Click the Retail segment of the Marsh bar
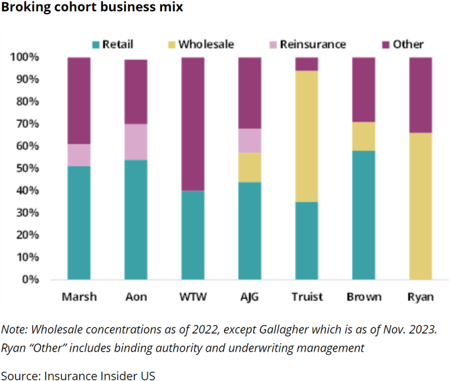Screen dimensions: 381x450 79,223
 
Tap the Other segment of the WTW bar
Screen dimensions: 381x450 192,124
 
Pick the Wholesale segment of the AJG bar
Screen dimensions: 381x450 249,167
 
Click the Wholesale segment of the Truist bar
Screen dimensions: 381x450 307,136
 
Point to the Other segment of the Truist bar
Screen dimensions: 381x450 307,64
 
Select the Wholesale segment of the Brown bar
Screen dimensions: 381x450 363,136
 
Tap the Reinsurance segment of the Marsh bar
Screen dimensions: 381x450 79,155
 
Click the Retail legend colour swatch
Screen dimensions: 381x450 96,44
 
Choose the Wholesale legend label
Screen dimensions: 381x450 206,44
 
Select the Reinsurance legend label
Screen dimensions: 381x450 313,44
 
